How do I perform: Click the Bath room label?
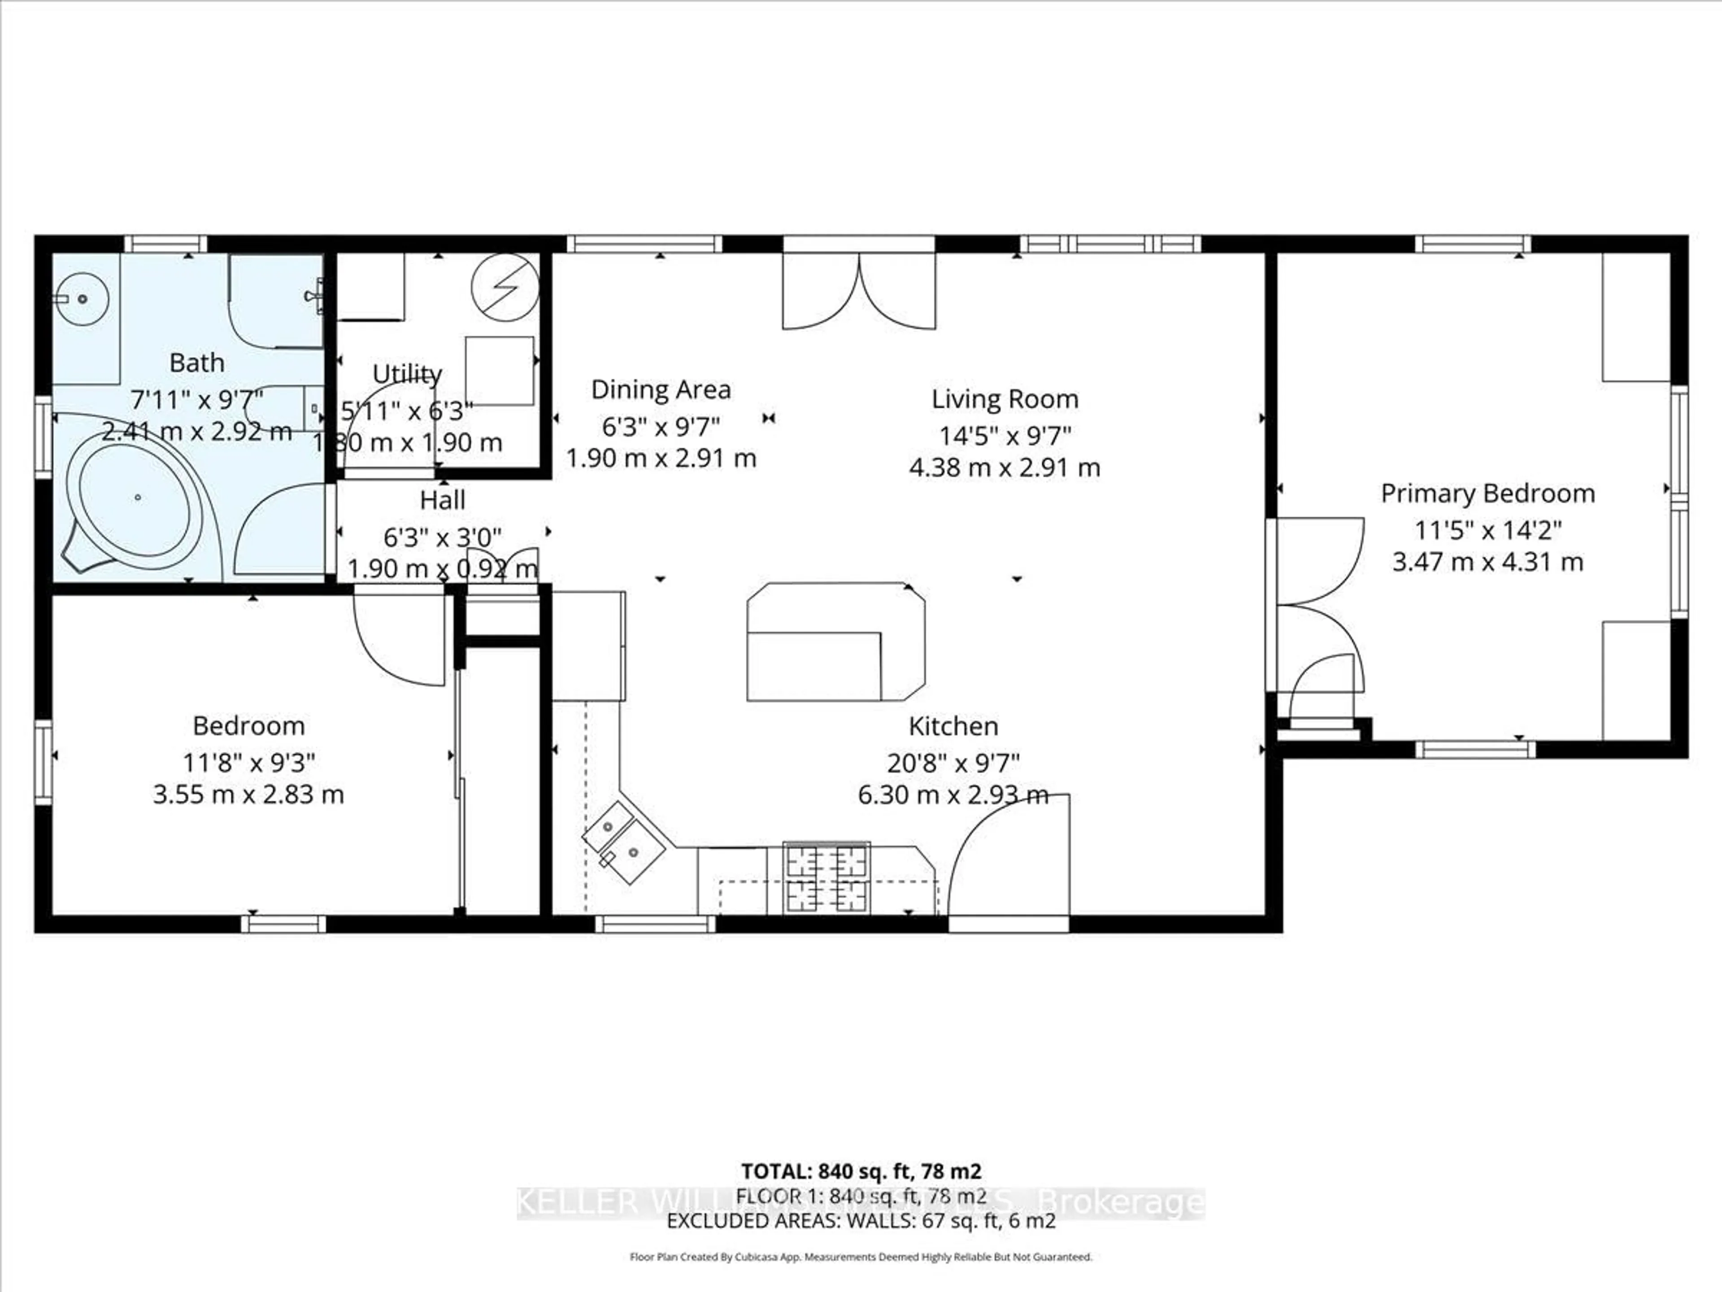click(197, 363)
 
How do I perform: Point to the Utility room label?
click(407, 374)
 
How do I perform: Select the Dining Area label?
click(661, 389)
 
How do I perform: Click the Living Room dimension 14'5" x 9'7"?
click(1004, 435)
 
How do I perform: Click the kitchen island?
click(835, 642)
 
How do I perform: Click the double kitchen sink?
click(624, 842)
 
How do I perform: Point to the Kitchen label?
click(953, 726)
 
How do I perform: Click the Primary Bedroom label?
click(1487, 494)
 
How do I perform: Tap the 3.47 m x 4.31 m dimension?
click(1487, 562)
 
